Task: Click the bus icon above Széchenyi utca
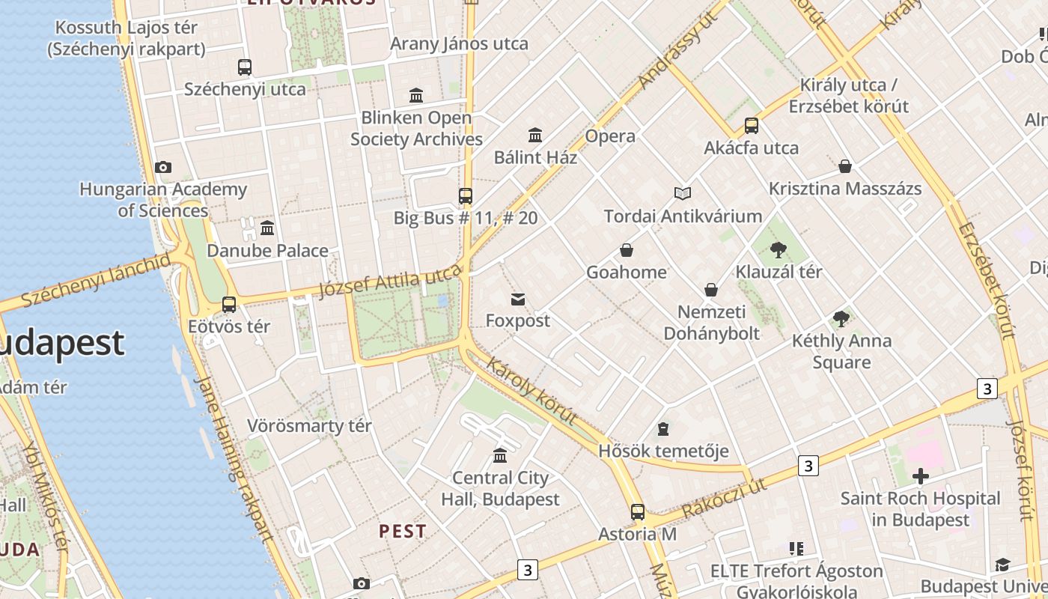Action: [x=245, y=67]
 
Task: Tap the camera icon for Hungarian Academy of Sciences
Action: [x=163, y=167]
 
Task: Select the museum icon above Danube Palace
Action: [x=267, y=228]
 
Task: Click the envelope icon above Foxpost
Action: [x=517, y=299]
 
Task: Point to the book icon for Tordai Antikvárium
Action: [x=683, y=194]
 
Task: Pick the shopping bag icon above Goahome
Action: [x=627, y=250]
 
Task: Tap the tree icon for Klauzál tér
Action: [x=779, y=250]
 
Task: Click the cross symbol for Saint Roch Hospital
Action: [x=921, y=475]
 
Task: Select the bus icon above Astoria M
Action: [x=637, y=512]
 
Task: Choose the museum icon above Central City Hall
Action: [x=500, y=455]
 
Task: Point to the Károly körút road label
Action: [x=532, y=391]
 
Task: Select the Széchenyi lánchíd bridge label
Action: [x=96, y=281]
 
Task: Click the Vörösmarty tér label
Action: [x=309, y=426]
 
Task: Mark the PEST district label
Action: [x=403, y=532]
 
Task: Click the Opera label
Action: [x=610, y=136]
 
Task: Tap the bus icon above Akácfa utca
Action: [x=752, y=125]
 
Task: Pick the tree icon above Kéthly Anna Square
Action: [x=841, y=319]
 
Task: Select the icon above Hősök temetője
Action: [x=662, y=429]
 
